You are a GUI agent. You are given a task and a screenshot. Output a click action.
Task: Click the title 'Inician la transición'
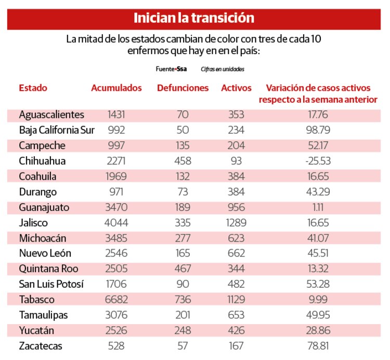(194, 18)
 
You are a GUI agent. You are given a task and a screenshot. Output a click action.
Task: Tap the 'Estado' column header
(33, 88)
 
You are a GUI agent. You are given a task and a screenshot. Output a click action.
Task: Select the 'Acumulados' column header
(116, 88)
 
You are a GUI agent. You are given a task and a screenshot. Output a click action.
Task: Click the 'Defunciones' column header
(183, 88)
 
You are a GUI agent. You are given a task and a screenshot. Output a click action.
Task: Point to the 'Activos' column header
(236, 88)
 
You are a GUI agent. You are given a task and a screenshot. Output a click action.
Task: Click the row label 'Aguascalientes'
(51, 115)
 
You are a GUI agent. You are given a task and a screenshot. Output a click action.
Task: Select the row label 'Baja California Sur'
(57, 130)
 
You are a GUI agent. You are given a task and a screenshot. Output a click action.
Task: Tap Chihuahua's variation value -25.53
(318, 161)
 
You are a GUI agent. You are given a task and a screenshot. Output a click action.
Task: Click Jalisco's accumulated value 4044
(116, 223)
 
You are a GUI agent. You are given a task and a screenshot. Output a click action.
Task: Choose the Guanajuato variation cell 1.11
(318, 207)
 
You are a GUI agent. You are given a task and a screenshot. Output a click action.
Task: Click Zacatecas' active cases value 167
(236, 346)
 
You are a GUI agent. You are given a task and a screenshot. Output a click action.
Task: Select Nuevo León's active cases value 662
(236, 254)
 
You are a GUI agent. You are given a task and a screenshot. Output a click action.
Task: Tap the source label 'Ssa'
(182, 69)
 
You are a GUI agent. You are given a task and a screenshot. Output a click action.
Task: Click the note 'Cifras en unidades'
(222, 69)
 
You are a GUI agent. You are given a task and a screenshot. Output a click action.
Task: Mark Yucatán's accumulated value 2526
(116, 330)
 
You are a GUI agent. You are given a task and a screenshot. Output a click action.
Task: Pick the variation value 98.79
(318, 130)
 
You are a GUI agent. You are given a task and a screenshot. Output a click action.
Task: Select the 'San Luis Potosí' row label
(51, 284)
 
